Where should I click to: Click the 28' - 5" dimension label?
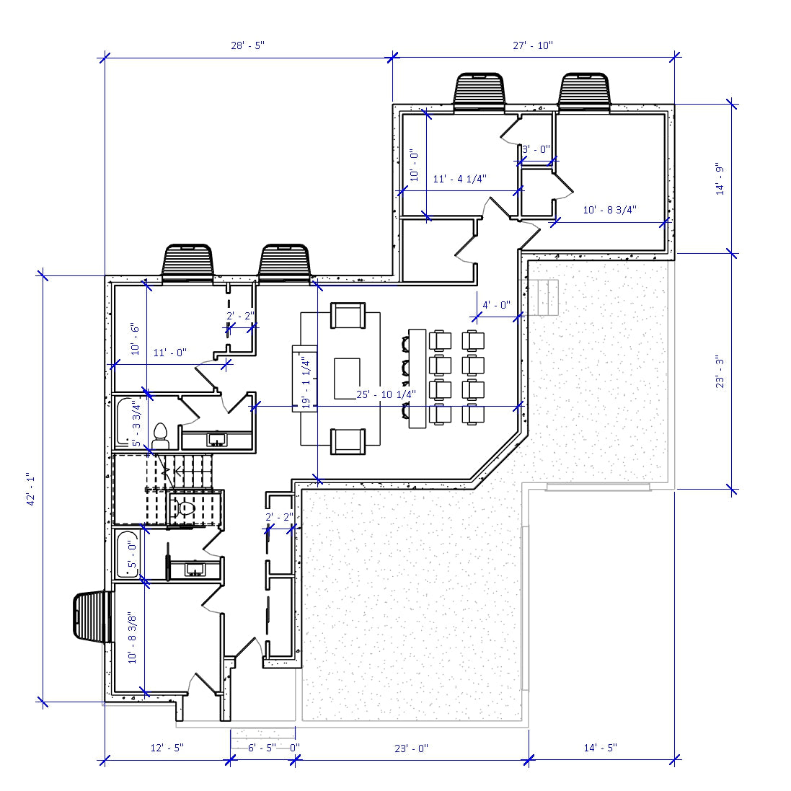pos(247,45)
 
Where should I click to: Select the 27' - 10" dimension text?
pos(533,45)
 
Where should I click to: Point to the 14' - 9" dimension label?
pos(720,179)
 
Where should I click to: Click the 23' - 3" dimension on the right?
pos(720,372)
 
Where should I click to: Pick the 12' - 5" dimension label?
pos(167,748)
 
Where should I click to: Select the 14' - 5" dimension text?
pos(600,748)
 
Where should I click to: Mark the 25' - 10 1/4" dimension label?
pos(386,394)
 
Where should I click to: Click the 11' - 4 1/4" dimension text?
pos(459,179)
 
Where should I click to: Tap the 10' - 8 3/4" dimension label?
pos(609,210)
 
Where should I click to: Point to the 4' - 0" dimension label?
pos(496,305)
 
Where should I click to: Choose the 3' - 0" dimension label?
pos(536,149)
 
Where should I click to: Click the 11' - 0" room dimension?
pos(169,353)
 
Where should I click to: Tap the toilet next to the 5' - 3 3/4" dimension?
pos(160,434)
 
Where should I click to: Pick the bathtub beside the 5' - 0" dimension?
pos(127,553)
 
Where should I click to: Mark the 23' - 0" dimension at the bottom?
pos(411,748)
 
